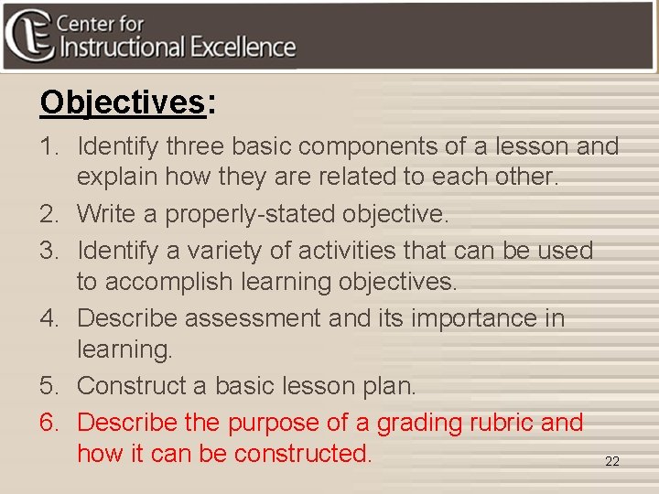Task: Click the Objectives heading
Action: point(122,102)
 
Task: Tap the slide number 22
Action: point(612,462)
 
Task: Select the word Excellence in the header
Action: point(244,48)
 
